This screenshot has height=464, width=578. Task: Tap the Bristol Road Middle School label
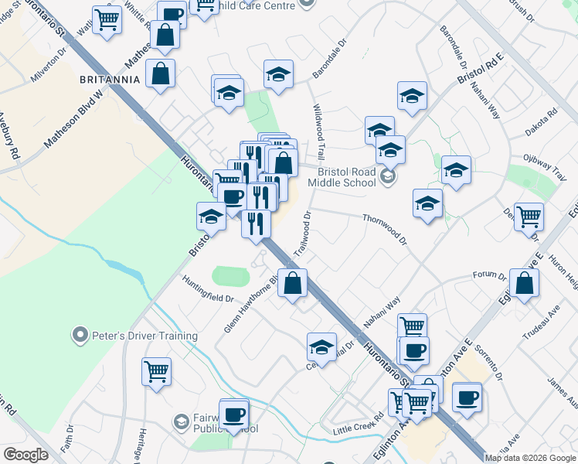click(342, 177)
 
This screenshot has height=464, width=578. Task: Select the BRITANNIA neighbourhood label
click(110, 79)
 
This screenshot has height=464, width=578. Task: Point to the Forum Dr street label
click(489, 276)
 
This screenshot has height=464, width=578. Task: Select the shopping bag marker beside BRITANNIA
click(160, 73)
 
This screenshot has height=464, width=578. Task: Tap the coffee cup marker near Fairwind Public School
click(234, 413)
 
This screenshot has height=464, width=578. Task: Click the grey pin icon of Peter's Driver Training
click(79, 336)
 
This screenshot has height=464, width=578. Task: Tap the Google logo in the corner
click(25, 455)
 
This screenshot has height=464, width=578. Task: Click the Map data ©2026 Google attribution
click(529, 458)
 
